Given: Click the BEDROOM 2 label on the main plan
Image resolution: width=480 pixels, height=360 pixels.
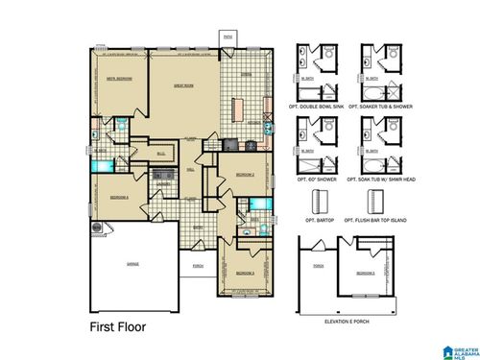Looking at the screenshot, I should point(244,174).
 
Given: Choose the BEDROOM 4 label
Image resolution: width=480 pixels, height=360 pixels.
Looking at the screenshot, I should point(119,197).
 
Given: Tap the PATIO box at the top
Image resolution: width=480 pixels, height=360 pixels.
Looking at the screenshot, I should point(228,38).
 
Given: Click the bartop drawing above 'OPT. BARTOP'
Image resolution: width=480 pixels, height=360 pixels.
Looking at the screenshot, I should point(319,203).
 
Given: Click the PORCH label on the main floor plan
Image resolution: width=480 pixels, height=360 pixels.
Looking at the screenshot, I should point(198,266).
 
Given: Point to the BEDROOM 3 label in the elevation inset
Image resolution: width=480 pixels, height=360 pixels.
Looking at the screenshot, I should point(365,273).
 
